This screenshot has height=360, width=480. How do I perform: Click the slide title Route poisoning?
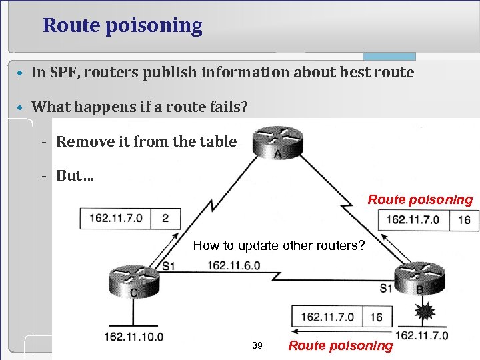click(122, 26)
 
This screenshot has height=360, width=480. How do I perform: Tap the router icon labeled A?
click(277, 141)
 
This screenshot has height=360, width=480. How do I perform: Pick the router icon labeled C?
click(135, 281)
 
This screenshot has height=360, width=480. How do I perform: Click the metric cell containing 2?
click(165, 218)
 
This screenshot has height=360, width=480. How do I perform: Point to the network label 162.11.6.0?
click(233, 265)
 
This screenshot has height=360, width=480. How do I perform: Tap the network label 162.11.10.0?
click(133, 336)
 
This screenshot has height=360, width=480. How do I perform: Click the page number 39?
click(257, 345)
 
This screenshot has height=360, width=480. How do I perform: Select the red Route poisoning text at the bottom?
click(341, 345)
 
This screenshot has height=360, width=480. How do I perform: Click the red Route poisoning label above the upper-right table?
click(420, 199)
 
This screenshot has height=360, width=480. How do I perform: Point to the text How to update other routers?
click(279, 245)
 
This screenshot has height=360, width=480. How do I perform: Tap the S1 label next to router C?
click(169, 266)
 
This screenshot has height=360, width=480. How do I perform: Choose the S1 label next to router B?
click(386, 288)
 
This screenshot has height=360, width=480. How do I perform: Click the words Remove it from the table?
click(146, 141)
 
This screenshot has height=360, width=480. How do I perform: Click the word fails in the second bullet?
click(227, 107)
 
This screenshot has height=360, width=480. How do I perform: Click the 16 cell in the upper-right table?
click(465, 220)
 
